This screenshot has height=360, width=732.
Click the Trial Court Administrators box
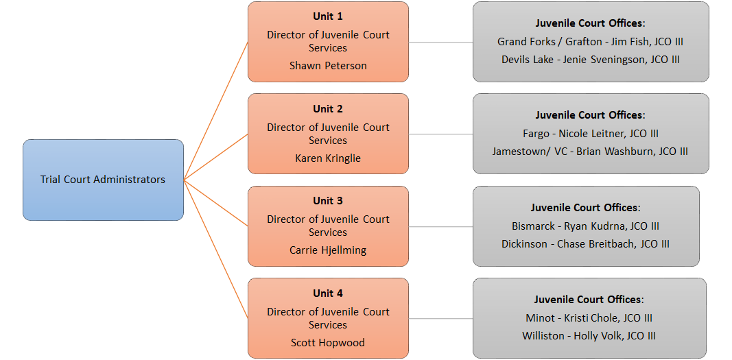[103, 180]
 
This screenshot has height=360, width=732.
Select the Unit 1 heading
[328, 16]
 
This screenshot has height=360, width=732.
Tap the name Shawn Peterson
[328, 66]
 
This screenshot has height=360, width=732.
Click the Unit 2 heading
[328, 109]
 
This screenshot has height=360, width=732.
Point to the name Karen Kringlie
[328, 158]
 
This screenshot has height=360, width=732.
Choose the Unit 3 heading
[328, 201]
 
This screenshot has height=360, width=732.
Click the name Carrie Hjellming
[328, 250]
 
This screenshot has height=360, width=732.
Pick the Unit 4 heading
[328, 293]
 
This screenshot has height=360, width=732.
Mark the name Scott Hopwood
[328, 343]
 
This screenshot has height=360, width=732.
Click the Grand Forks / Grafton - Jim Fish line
[590, 42]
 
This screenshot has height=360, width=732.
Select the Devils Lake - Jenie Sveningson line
[590, 60]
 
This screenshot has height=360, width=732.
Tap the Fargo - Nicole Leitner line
[590, 134]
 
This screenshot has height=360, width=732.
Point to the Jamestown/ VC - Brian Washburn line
[590, 152]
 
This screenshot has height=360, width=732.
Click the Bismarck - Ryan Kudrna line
[585, 226]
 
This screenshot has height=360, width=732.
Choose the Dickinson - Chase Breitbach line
[585, 244]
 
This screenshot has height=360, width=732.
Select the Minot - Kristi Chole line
[589, 318]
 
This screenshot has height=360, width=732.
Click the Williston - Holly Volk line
[589, 336]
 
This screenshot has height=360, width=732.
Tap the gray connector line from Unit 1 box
[440, 42]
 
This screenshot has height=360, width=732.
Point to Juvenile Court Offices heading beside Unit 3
[585, 208]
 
